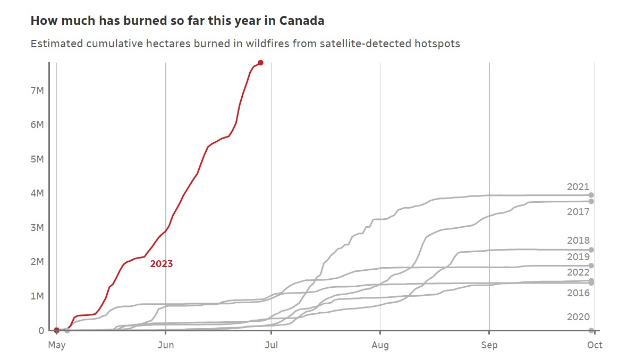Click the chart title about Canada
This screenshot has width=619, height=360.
click(x=177, y=21)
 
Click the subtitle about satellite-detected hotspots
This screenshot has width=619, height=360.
click(x=245, y=44)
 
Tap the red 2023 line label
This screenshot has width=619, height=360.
click(x=162, y=263)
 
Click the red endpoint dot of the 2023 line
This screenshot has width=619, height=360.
click(x=260, y=63)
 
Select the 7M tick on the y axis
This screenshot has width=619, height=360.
click(x=37, y=91)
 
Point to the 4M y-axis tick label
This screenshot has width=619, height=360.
click(x=37, y=193)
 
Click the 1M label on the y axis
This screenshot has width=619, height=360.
click(x=37, y=296)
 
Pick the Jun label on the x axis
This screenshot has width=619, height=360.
click(x=166, y=345)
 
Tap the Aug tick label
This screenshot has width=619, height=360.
click(x=380, y=345)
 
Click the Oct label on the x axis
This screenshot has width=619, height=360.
click(x=595, y=345)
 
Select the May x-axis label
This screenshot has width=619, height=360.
click(x=57, y=345)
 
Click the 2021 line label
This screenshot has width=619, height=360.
click(x=578, y=187)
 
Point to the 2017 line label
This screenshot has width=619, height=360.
click(x=578, y=212)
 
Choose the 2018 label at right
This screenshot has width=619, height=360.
click(x=578, y=241)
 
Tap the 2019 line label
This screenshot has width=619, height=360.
click(x=578, y=257)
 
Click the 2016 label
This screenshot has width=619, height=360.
click(x=578, y=293)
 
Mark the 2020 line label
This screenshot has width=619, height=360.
click(x=578, y=317)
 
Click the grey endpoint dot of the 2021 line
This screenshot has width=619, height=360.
click(x=591, y=195)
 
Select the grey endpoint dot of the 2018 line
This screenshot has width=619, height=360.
click(x=591, y=250)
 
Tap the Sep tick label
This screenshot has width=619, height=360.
click(x=489, y=345)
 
